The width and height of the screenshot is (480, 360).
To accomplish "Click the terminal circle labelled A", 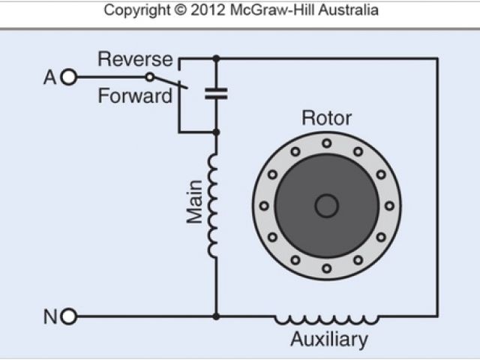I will pos(69,76).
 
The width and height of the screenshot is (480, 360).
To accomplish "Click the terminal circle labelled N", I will pos(69,316).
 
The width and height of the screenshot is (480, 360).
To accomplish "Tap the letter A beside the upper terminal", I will pos(50,76).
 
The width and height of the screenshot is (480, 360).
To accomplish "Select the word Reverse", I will pos(135,59).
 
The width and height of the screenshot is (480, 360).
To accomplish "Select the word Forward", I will pos(134,97).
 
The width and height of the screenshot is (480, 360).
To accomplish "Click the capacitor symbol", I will pos(216,94).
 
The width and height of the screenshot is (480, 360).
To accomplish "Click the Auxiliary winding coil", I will pos(325,319).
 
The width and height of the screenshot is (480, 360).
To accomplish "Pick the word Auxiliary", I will pos(329,340).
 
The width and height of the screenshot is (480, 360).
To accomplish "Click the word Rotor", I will pos(326,118).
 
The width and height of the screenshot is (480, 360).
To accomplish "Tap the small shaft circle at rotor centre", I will pos(326,205).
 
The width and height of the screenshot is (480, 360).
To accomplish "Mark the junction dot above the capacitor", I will pos(216,58).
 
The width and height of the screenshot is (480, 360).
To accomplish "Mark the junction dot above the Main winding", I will pos(216,133).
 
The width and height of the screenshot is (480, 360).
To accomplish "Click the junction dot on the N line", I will pos(216,316).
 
